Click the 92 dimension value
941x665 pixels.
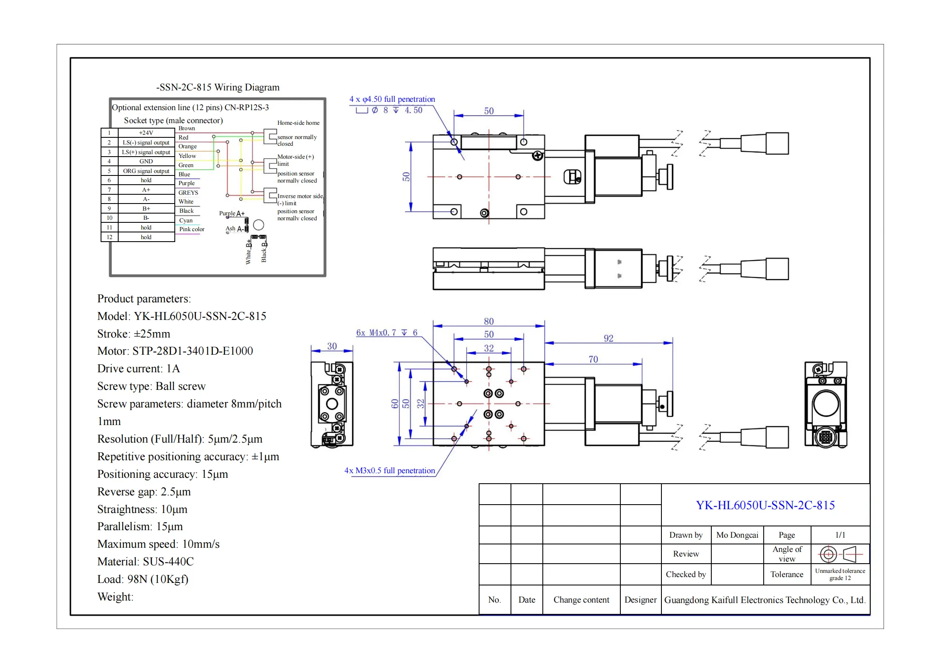608,338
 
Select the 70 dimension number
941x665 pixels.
593,359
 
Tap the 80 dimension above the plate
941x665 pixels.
489,321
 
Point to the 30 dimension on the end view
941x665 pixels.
332,346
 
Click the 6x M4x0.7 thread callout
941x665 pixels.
386,333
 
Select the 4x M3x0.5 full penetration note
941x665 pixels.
389,471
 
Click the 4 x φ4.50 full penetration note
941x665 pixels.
392,99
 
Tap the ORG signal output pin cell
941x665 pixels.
146,171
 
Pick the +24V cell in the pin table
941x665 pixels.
146,133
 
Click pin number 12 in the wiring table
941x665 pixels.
109,237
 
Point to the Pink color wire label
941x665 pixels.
192,229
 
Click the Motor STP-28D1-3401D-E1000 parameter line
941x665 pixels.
175,351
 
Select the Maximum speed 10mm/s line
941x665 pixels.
158,544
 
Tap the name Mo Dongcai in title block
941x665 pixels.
737,535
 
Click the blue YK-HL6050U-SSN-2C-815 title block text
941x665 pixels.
765,505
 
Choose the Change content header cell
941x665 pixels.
581,600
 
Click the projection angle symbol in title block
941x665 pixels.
840,554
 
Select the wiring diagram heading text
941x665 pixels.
218,88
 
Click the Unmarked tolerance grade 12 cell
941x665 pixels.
840,574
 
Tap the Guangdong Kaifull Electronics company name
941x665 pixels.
765,600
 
